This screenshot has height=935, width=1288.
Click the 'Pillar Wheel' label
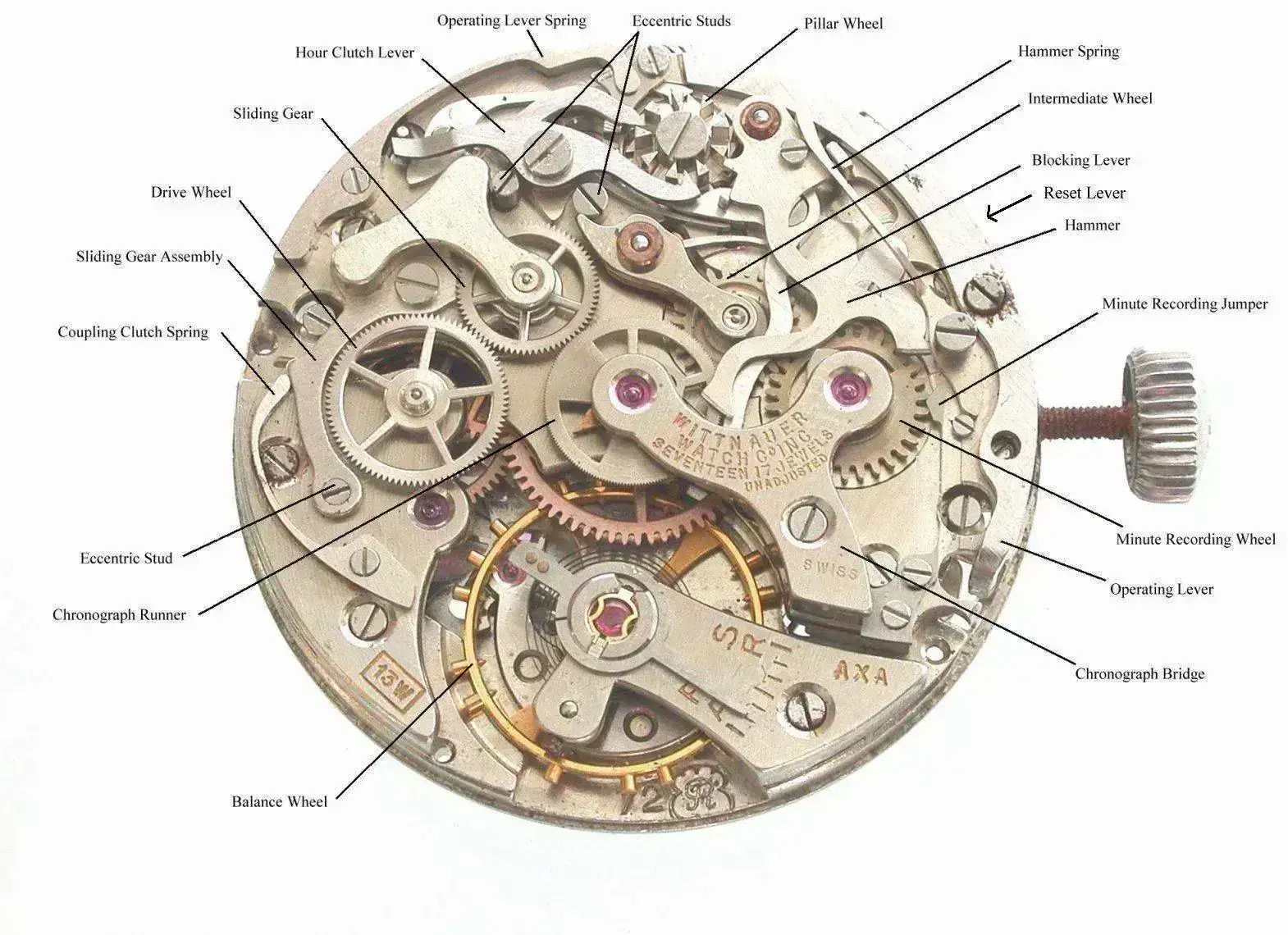coord(843,24)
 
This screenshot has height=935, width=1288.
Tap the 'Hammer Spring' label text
coord(1068,52)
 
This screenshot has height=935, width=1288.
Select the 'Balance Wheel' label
coord(279,802)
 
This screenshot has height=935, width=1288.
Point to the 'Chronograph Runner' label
coord(119,615)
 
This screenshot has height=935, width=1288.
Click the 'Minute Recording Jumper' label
coord(1185,304)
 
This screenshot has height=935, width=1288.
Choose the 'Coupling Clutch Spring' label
coord(133,332)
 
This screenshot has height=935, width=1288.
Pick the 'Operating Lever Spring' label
coord(511,21)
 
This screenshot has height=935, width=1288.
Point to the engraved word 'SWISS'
coord(831,568)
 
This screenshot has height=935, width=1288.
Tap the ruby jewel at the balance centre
coord(610,613)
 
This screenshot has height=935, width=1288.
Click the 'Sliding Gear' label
coord(272,114)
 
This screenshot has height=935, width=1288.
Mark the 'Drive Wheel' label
coord(191,193)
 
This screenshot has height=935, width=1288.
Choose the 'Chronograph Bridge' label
coord(1140,674)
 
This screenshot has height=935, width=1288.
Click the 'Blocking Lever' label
coord(1080,161)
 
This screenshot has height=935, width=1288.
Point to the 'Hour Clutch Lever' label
coord(354,52)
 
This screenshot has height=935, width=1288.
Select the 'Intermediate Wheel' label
coord(1089,98)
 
